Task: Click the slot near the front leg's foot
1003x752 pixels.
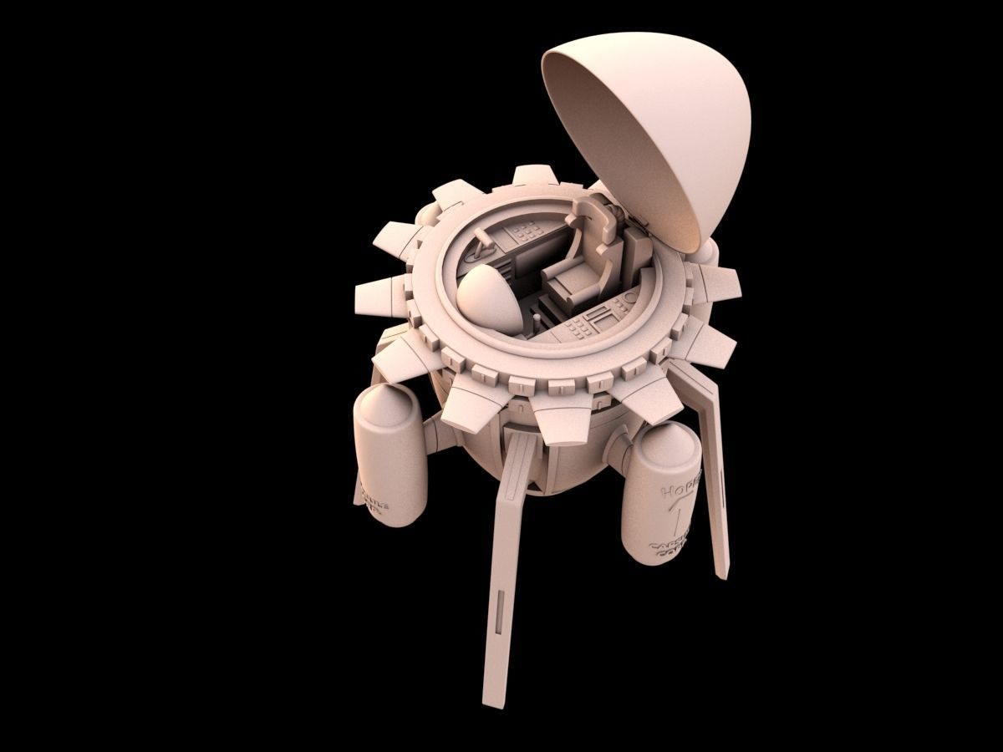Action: pyautogui.click(x=500, y=609)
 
